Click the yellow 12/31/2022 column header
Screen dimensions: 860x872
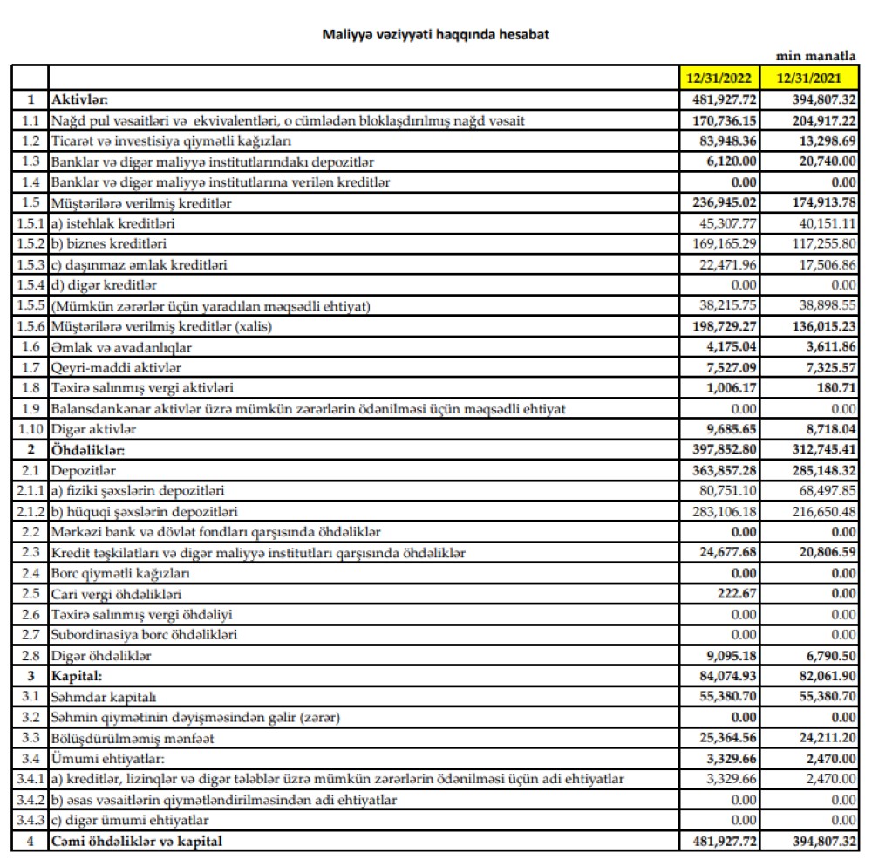(x=720, y=77)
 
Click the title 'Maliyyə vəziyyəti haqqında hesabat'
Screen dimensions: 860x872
(x=436, y=35)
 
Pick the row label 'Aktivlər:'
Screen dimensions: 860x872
(x=79, y=99)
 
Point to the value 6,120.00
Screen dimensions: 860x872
(x=732, y=161)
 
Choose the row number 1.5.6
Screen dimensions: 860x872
(x=30, y=326)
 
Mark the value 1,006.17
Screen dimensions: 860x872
(x=732, y=388)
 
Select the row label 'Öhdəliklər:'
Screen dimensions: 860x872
(x=87, y=450)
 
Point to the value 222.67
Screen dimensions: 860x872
(x=738, y=593)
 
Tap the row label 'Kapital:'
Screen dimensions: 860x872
(x=77, y=676)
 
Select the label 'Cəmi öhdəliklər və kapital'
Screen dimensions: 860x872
(x=137, y=841)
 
